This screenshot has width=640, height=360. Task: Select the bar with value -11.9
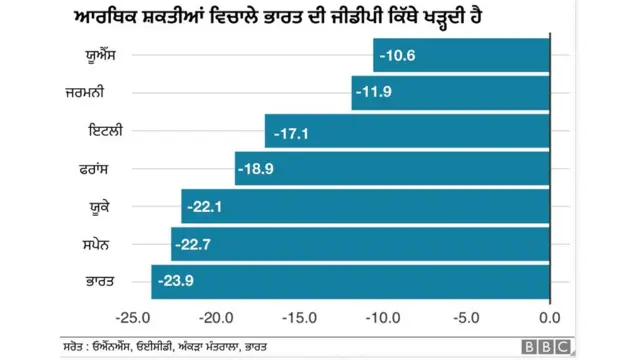[x=450, y=93]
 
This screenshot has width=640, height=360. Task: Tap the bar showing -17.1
[x=407, y=131]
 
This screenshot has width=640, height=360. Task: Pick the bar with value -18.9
[x=392, y=169]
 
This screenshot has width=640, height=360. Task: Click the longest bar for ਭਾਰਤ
[x=350, y=282]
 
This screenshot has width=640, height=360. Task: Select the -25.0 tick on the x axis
[x=132, y=318]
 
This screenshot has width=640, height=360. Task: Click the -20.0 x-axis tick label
[x=216, y=318]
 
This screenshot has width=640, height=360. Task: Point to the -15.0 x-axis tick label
[x=299, y=318]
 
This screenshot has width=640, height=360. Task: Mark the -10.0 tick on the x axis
[x=383, y=318]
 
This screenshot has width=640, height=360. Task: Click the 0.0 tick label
[x=549, y=318]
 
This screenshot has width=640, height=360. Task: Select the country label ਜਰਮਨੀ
[x=99, y=93]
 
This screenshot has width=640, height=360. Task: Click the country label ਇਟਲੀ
[x=104, y=131]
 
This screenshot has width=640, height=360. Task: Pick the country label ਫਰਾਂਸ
[x=102, y=169]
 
